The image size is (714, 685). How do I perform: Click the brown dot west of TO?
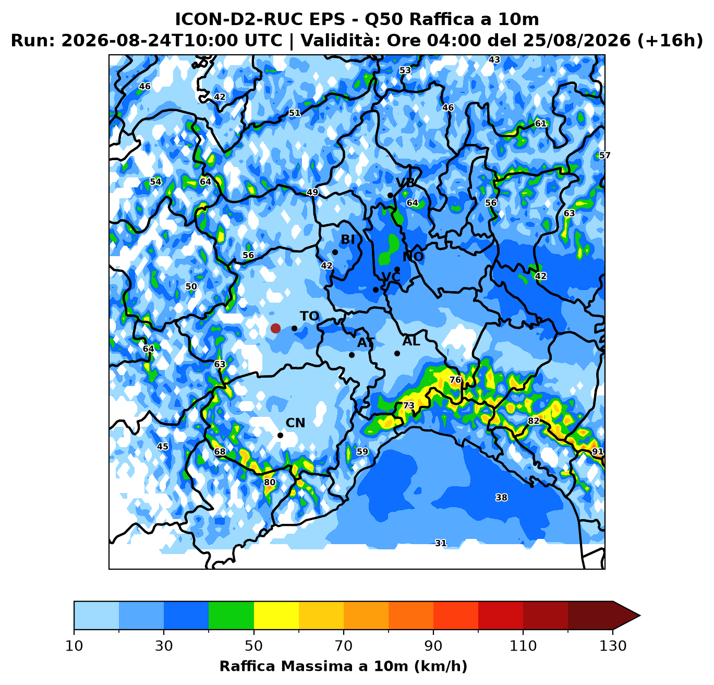pos(275,328)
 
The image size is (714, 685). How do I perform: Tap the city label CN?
pos(295,423)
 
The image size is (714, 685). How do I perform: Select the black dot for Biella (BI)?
pos(335,252)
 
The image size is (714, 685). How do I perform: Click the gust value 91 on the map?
pos(597,451)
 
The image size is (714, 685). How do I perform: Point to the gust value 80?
pos(270,482)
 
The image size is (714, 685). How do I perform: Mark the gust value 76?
pos(455,380)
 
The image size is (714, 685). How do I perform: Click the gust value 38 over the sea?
pos(502,497)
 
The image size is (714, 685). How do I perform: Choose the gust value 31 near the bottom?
pos(441,543)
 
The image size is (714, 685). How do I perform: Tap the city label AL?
pos(411,341)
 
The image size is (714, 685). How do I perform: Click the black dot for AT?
pos(352,355)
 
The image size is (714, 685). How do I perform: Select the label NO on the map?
pos(413,257)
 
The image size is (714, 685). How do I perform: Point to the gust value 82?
pos(534,420)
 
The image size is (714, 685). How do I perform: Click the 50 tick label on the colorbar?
pos(253,646)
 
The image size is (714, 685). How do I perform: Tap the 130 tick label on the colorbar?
pos(613,646)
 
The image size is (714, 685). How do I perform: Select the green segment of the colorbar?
pos(231,615)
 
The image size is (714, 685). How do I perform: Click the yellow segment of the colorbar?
pos(276,615)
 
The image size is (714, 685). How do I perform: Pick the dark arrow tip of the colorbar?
pos(640,615)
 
